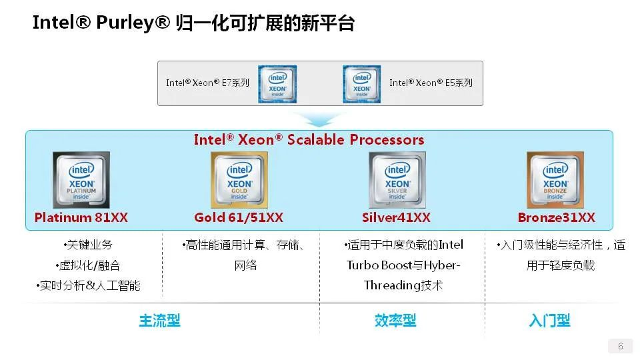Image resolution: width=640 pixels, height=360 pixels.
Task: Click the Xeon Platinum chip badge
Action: point(81,180)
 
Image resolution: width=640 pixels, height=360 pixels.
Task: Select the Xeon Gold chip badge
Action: point(239,180)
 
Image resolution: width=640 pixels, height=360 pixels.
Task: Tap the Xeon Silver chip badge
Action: point(397,180)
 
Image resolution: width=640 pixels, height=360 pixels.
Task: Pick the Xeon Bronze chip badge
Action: point(555,180)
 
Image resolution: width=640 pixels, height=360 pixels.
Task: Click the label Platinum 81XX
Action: point(81,217)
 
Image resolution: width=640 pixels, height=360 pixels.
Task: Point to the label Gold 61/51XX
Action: point(239,217)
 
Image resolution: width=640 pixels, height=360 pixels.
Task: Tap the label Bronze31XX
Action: point(556,217)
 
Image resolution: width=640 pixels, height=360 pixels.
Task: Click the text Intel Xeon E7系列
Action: point(207,83)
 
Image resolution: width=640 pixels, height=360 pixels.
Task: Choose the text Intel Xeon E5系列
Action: point(431,83)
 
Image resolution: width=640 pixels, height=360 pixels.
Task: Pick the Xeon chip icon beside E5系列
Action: point(361,83)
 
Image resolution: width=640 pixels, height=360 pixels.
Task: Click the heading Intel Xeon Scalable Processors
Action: point(309,139)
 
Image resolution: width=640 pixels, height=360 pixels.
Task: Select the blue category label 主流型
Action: point(159,321)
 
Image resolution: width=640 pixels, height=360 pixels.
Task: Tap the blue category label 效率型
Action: point(395,321)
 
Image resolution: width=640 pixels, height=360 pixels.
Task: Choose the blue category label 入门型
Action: point(549,321)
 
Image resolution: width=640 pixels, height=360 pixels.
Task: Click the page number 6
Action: point(621,346)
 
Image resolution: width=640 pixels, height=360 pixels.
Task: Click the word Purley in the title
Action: point(126,23)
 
